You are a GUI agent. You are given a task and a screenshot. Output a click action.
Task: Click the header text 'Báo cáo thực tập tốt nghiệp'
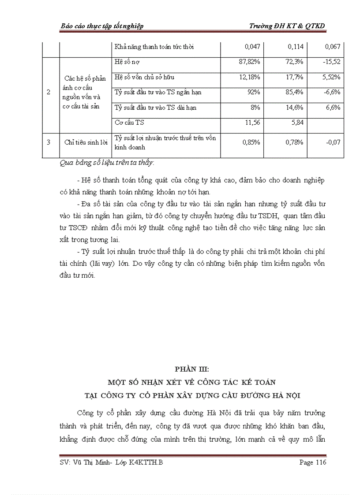(101, 26)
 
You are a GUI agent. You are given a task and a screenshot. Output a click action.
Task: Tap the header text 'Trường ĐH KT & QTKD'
(287, 26)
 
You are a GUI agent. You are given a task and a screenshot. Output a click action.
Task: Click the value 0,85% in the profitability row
(250, 142)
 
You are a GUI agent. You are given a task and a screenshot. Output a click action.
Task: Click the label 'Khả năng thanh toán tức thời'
(154, 47)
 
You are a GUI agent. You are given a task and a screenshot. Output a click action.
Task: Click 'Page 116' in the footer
(312, 462)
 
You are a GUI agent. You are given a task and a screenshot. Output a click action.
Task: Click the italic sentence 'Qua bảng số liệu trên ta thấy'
(106, 163)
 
